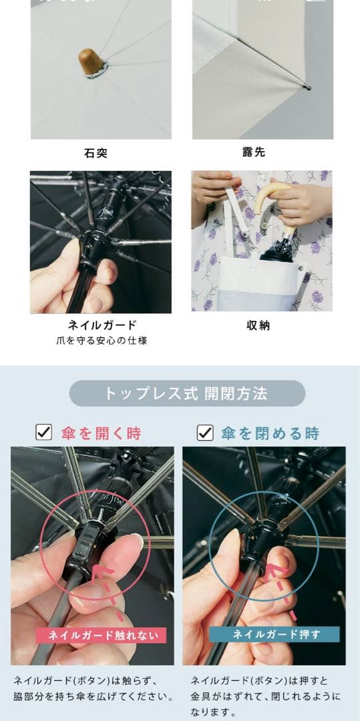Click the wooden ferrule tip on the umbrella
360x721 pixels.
click(x=91, y=61)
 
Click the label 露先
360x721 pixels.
click(x=254, y=152)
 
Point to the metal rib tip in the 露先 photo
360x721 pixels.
click(x=307, y=85)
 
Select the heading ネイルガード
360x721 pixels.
click(x=102, y=325)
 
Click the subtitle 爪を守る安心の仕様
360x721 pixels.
click(x=102, y=340)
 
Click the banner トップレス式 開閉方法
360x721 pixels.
click(x=186, y=393)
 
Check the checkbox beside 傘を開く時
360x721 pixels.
click(x=44, y=433)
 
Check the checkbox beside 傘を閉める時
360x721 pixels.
click(x=205, y=433)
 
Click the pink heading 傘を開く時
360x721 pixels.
click(x=101, y=433)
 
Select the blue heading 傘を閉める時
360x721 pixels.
click(x=271, y=433)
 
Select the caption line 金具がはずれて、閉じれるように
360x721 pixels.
click(x=265, y=697)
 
